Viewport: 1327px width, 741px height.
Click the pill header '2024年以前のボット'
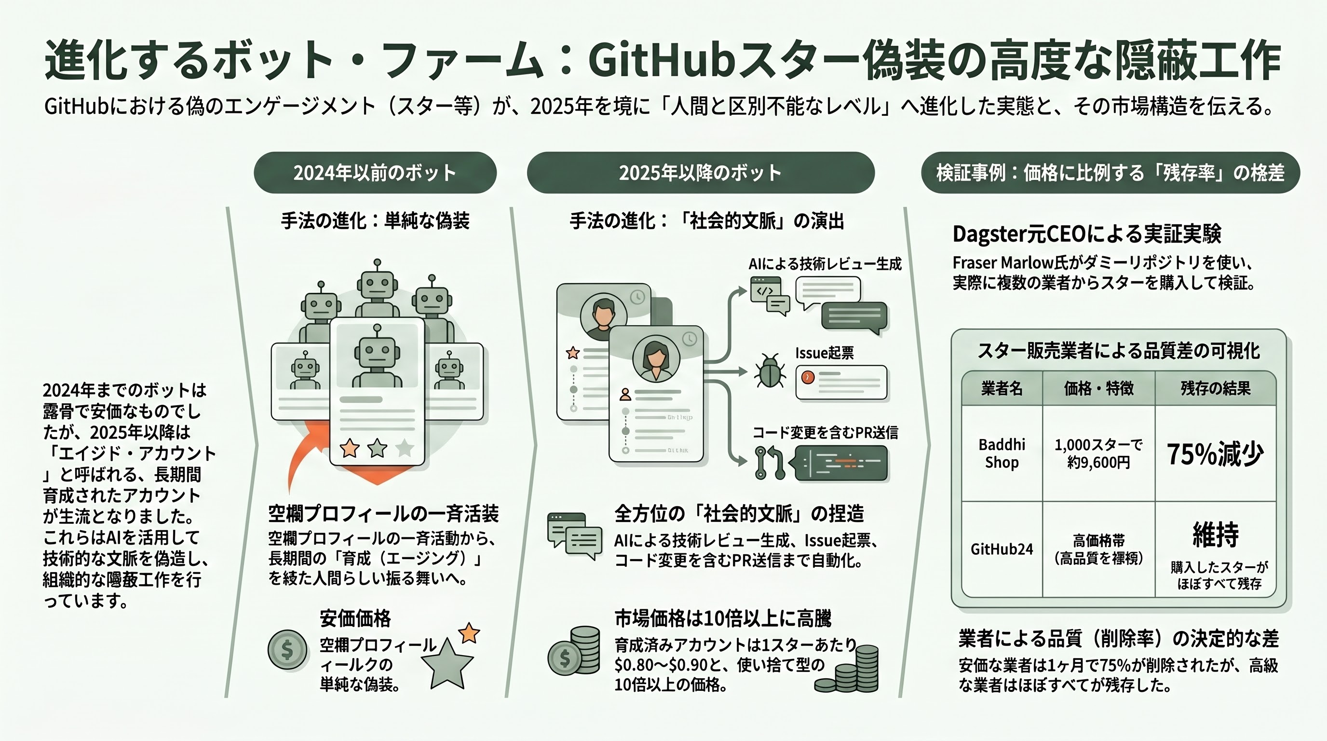point(375,173)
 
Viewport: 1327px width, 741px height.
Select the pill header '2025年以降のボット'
point(700,173)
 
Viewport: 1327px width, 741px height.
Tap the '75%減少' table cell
point(1215,454)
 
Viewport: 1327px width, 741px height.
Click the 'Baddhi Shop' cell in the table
point(1002,453)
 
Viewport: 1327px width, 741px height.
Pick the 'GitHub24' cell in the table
point(1002,549)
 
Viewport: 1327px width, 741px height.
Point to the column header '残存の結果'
point(1215,388)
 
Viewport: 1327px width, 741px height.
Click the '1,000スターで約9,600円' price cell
point(1098,453)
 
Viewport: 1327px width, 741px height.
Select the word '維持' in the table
point(1215,535)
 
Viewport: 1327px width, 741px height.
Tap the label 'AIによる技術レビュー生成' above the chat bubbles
point(825,264)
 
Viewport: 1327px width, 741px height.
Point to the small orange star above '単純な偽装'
point(469,633)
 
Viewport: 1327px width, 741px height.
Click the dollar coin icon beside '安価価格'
point(287,650)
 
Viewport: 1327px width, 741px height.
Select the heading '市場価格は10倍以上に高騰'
point(722,618)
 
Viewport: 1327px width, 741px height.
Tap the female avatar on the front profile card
point(656,357)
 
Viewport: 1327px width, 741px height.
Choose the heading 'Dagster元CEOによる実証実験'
point(1086,234)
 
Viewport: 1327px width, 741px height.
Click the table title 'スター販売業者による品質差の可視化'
point(1118,351)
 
